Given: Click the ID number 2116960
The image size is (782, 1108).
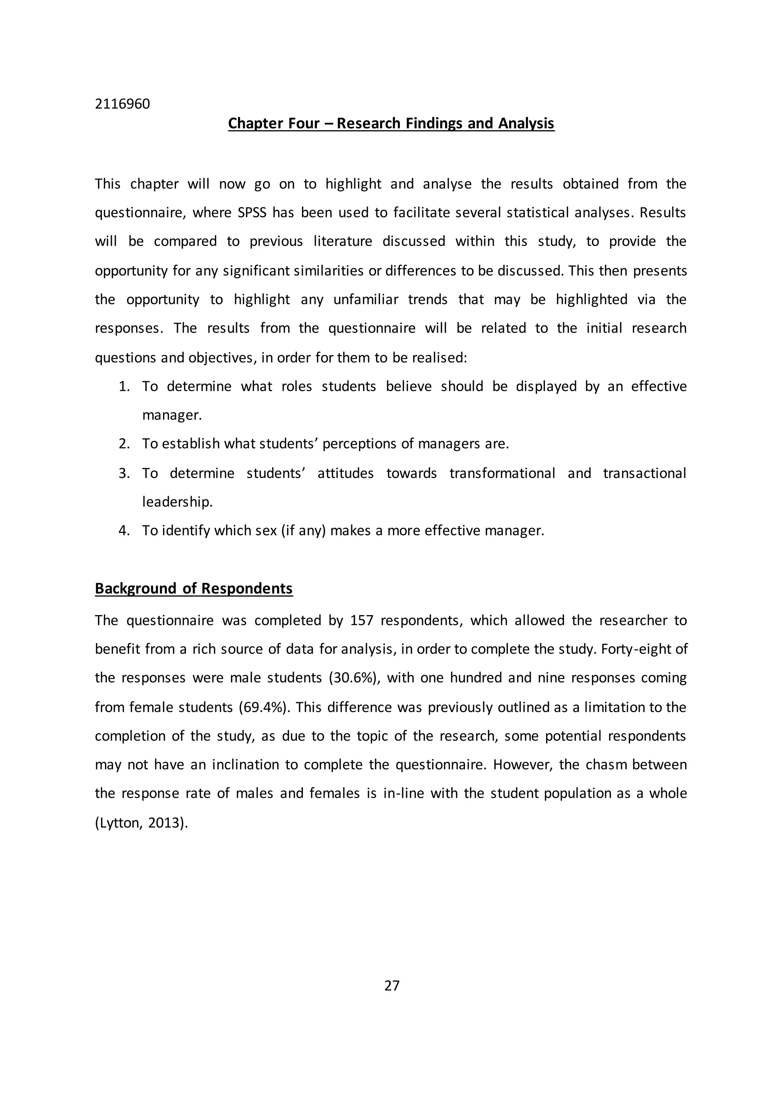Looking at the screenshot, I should pyautogui.click(x=122, y=104).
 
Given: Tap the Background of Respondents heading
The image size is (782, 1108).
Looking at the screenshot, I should pyautogui.click(x=194, y=589).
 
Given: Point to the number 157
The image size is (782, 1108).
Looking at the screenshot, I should pyautogui.click(x=362, y=620).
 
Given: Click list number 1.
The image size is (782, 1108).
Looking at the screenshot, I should pyautogui.click(x=124, y=387).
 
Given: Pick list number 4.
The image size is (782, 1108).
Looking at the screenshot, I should pyautogui.click(x=124, y=531).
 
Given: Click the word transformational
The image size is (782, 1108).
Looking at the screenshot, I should pyautogui.click(x=502, y=473).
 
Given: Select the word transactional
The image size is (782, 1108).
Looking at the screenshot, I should pyautogui.click(x=644, y=473).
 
